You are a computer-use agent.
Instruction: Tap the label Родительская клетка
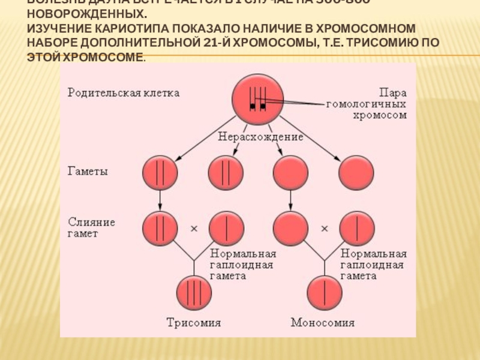click(x=123, y=94)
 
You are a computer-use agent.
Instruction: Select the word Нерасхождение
click(x=260, y=137)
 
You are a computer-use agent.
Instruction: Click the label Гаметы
click(x=87, y=172)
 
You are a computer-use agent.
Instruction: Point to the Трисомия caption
click(x=193, y=323)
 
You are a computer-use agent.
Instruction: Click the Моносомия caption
click(x=322, y=323)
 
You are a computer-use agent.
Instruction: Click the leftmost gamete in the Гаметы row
click(x=160, y=173)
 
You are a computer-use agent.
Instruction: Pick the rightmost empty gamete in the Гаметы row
click(x=356, y=173)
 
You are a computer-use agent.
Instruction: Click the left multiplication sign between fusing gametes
click(x=194, y=229)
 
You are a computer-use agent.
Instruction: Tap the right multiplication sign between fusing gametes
click(x=324, y=229)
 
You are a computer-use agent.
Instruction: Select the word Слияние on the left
click(x=91, y=221)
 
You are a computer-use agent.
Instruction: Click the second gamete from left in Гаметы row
click(x=226, y=173)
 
